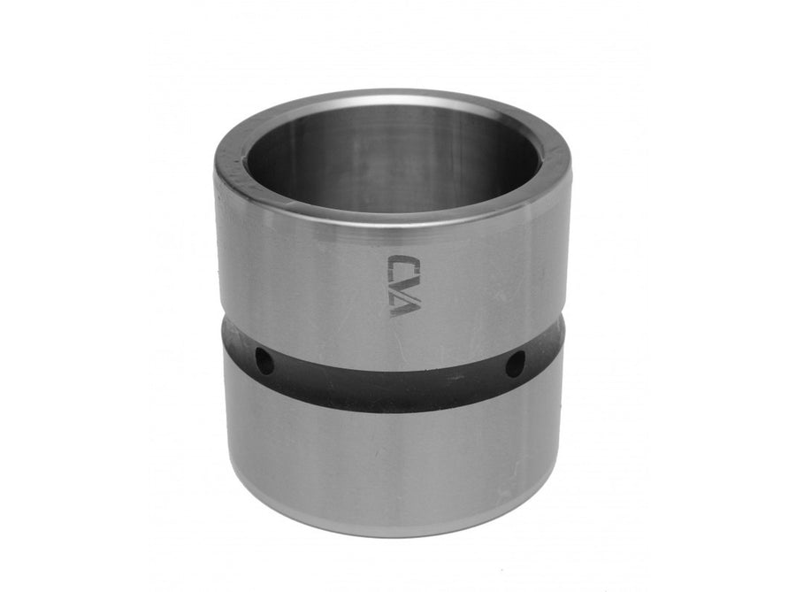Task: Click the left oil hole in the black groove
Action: click(x=264, y=360)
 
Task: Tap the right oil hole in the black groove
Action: click(x=515, y=364)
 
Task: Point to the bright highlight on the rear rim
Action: click(x=391, y=96)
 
